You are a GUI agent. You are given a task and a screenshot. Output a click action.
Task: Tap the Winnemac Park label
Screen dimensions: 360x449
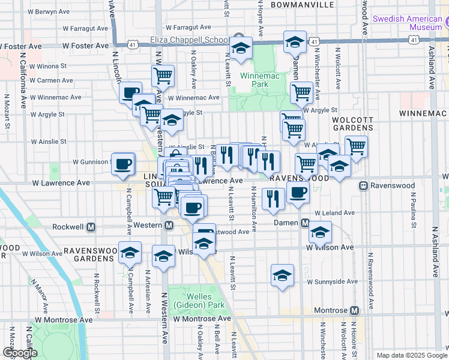click(254, 80)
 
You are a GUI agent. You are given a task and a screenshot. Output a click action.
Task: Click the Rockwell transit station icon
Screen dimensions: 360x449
click(91, 227)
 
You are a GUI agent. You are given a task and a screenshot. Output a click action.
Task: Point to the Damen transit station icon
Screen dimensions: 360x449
click(305, 223)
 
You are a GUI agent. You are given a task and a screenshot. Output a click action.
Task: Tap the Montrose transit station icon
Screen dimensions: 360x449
click(354, 310)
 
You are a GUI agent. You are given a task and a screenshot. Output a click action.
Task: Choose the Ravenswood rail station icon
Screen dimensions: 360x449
click(363, 185)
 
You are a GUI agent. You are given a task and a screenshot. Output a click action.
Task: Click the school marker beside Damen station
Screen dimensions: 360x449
click(321, 232)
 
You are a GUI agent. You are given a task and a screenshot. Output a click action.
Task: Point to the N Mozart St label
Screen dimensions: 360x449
click(8, 111)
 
